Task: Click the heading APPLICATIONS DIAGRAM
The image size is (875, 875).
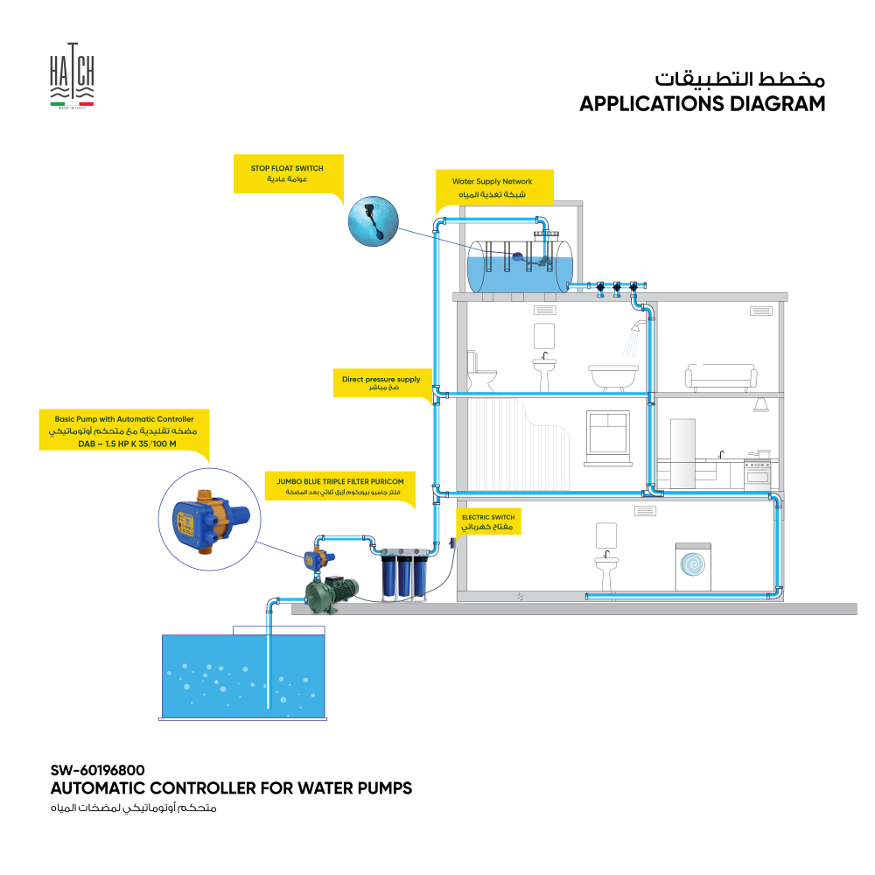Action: [702, 104]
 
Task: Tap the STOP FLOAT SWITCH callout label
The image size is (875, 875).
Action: [288, 173]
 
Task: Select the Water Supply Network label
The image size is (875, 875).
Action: [496, 188]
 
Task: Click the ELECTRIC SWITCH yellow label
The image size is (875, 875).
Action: [488, 523]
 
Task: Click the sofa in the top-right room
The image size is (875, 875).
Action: [721, 378]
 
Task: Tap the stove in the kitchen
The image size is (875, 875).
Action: [757, 473]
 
